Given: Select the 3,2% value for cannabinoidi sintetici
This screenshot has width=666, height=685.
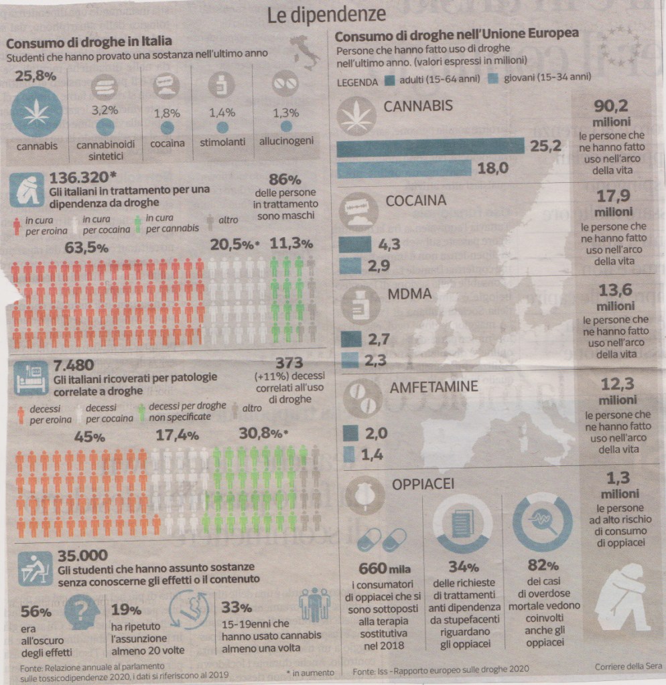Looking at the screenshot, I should pyautogui.click(x=105, y=110).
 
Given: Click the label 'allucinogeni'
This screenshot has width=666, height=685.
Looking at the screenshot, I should pyautogui.click(x=286, y=142).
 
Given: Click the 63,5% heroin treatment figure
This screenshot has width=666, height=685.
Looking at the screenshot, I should pyautogui.click(x=86, y=247).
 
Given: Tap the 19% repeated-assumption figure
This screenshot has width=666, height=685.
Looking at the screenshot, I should pyautogui.click(x=126, y=610).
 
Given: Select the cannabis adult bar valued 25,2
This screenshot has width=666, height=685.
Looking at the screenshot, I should pyautogui.click(x=430, y=147).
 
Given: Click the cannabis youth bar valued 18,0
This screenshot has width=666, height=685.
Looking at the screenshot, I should pyautogui.click(x=405, y=169).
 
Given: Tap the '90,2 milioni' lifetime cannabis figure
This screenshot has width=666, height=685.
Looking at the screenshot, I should pyautogui.click(x=611, y=114).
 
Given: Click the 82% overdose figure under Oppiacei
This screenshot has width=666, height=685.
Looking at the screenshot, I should pyautogui.click(x=543, y=566).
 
